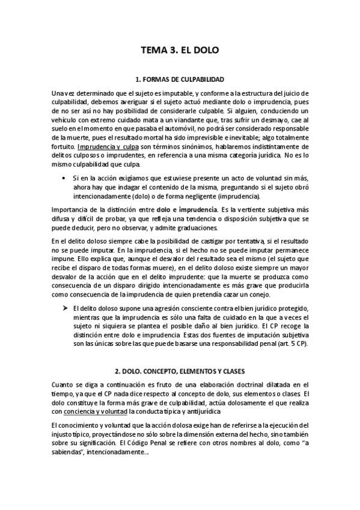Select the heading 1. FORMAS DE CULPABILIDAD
[x=180, y=79]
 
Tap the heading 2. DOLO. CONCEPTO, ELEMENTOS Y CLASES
[x=180, y=371]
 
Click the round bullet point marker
[x=64, y=179]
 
